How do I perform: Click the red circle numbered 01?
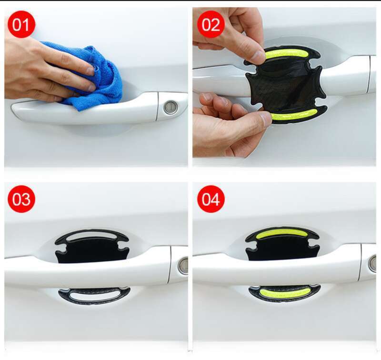(x=21, y=24)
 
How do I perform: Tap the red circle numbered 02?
(x=211, y=24)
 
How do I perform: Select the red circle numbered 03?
(x=21, y=199)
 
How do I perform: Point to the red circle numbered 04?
(x=211, y=199)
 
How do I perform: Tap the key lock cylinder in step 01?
(x=170, y=107)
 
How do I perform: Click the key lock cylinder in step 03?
(x=183, y=266)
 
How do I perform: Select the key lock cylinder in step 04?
(x=373, y=263)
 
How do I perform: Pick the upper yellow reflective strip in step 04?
(x=281, y=233)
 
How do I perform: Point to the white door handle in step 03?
(x=86, y=269)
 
